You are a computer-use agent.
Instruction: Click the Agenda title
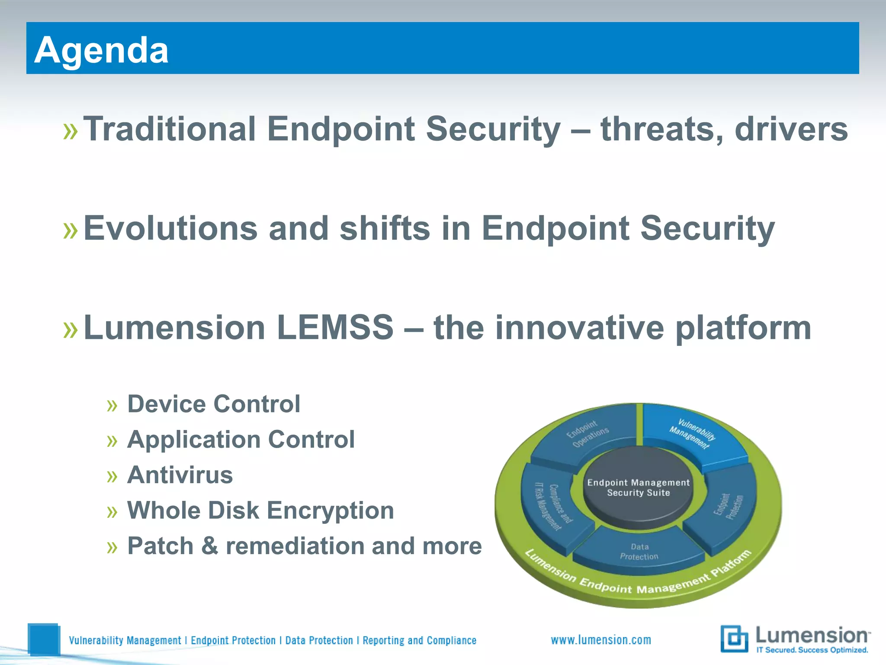[x=101, y=50]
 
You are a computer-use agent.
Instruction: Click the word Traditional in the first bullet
[x=170, y=129]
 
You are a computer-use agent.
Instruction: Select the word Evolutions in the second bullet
[x=170, y=228]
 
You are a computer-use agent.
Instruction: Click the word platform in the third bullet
[x=743, y=328]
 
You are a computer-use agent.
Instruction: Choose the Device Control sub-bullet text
[x=214, y=404]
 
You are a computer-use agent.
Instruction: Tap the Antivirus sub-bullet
[x=180, y=475]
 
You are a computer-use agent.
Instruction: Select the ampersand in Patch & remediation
[x=210, y=546]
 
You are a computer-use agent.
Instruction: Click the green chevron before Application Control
[x=112, y=441]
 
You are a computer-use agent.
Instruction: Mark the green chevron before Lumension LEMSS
[x=71, y=329]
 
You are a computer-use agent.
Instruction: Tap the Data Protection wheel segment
[x=639, y=552]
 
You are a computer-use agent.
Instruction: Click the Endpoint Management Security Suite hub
[x=638, y=487]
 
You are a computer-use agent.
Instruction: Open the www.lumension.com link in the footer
[x=601, y=640]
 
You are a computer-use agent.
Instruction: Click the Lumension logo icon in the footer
[x=734, y=638]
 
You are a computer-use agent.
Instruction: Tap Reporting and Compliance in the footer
[x=419, y=640]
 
